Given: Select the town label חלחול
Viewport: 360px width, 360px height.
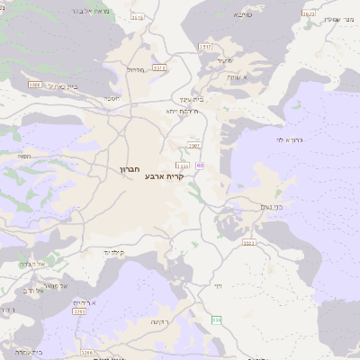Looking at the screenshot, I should point(136,69).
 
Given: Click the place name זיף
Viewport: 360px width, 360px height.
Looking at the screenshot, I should point(217,285).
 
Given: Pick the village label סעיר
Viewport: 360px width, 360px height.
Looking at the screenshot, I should point(225,60).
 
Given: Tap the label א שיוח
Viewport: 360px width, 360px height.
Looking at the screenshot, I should point(236,78).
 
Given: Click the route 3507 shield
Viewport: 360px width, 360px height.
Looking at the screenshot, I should point(193,145).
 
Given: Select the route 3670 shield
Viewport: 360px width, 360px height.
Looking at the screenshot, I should point(309,13).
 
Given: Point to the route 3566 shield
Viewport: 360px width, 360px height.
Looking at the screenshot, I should point(34,85).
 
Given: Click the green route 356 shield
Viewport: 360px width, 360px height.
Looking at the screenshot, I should point(216,319).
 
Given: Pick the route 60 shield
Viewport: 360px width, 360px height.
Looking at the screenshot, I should point(200,165).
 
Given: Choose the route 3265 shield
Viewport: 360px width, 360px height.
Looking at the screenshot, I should point(86,353).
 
